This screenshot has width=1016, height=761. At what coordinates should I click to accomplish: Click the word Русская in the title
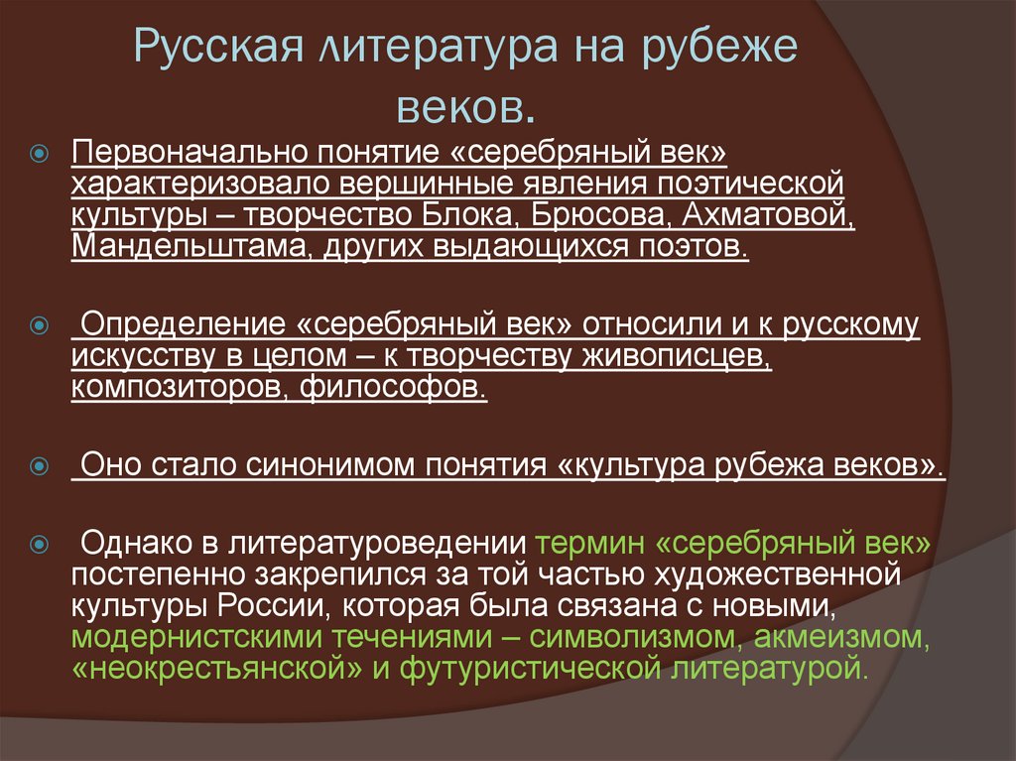(210, 50)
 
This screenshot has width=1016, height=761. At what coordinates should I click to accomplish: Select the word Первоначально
(188, 155)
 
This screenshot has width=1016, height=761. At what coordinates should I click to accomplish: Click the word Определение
(180, 325)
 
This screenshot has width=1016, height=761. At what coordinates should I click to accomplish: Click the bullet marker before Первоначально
(40, 155)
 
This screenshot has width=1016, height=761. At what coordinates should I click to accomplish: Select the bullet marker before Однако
(40, 545)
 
